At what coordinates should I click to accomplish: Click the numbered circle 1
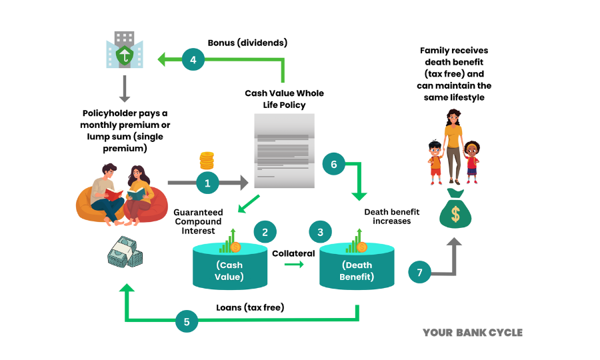pos(207,181)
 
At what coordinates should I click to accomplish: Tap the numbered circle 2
pos(265,232)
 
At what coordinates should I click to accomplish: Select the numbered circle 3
pos(321,232)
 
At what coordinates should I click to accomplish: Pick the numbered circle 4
pos(193,60)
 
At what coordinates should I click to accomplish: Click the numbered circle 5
pos(187,321)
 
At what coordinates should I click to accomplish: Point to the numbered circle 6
pos(334,164)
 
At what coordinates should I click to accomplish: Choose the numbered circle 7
pos(419,272)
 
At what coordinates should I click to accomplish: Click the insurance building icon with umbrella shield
pos(124,49)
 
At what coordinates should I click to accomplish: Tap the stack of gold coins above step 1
pos(207,161)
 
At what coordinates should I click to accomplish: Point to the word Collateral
pos(293,253)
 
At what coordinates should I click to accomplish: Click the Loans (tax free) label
pos(250,307)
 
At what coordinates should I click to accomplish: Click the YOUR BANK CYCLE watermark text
pos(473,333)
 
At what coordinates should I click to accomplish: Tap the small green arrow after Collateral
pos(293,265)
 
